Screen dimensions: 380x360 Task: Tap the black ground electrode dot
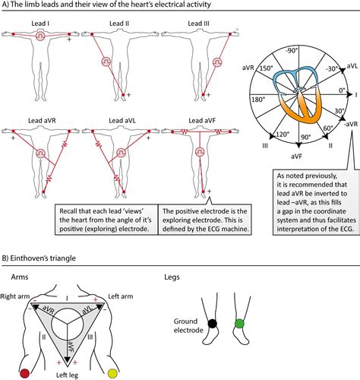213,323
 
